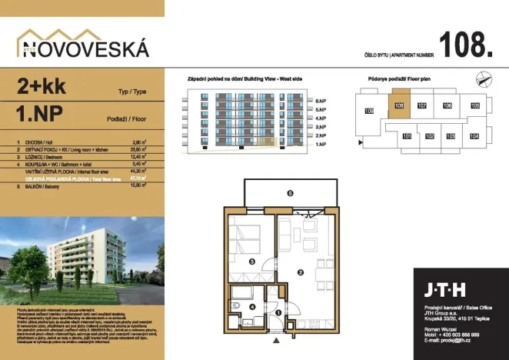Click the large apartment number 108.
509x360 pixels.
coord(466,44)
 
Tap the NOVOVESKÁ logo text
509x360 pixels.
coord(83,50)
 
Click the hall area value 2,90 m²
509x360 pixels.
coord(139,143)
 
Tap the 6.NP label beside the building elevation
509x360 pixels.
coord(321,101)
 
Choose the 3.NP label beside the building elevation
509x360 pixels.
coord(321,126)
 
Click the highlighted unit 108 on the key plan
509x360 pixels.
coord(398,106)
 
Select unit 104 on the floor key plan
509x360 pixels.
coord(474,136)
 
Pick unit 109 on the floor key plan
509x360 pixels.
coord(368,112)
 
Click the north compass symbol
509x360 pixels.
coord(482,77)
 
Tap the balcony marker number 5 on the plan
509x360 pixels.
coord(289,194)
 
